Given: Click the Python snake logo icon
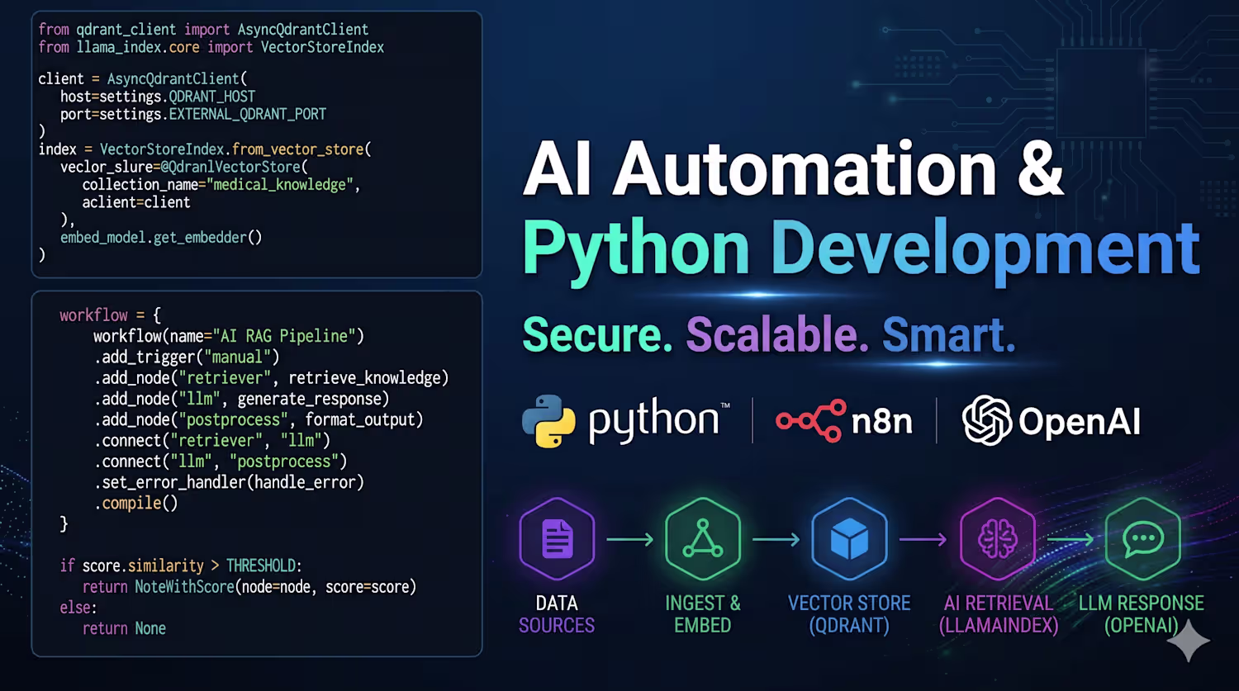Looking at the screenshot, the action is coord(548,421).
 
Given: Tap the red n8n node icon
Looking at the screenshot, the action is coord(811,421).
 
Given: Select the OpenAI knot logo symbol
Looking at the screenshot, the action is coord(987,420).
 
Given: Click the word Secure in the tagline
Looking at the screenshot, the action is coord(597,334).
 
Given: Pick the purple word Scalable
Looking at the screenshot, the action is coord(777,334).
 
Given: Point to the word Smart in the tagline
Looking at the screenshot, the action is coord(948,334).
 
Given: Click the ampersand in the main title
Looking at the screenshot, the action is coord(1039,168).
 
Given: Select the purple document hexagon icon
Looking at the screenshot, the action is coord(557,538).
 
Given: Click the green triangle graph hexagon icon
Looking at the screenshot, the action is coord(702,538).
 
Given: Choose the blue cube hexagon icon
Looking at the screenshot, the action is coord(849,538).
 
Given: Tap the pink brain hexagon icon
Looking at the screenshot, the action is coord(998,538).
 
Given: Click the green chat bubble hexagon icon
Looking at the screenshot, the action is coord(1142,538).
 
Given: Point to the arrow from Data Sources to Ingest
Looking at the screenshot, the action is coord(630,539).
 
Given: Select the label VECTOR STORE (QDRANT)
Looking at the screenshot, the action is coord(849,614).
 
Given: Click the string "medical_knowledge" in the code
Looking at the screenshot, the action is coord(280,185).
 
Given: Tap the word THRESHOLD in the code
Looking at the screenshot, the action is coord(262,566).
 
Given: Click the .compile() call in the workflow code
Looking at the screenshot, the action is coord(136,504).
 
